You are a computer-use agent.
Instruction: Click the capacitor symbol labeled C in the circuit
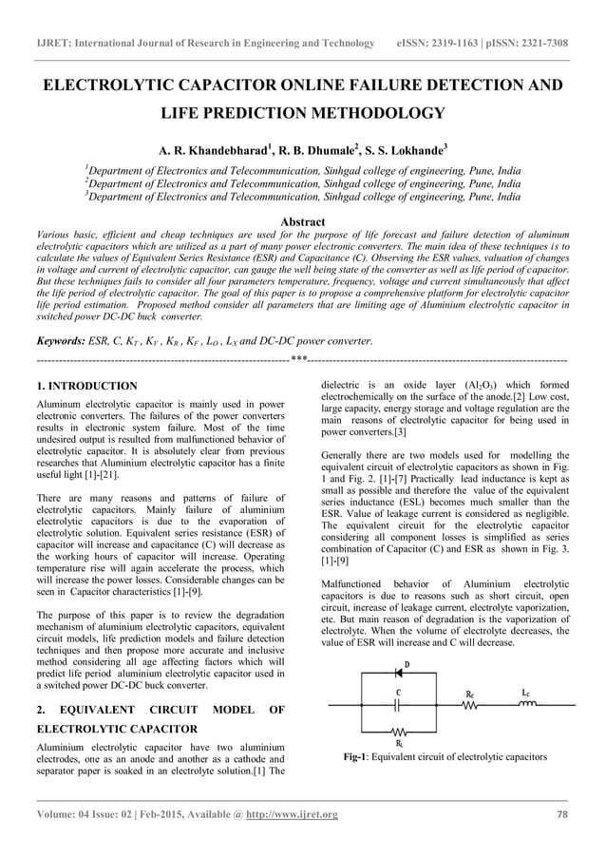pyautogui.click(x=400, y=706)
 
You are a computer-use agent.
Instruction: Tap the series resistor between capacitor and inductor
pyautogui.click(x=470, y=706)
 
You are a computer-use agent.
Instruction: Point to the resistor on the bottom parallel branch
pyautogui.click(x=400, y=733)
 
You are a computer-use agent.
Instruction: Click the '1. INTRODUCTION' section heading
pyautogui.click(x=85, y=387)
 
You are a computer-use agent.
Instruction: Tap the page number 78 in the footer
pyautogui.click(x=561, y=815)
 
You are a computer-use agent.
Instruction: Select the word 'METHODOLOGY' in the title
pyautogui.click(x=375, y=115)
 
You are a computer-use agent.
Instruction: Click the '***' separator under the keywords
pyautogui.click(x=298, y=360)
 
